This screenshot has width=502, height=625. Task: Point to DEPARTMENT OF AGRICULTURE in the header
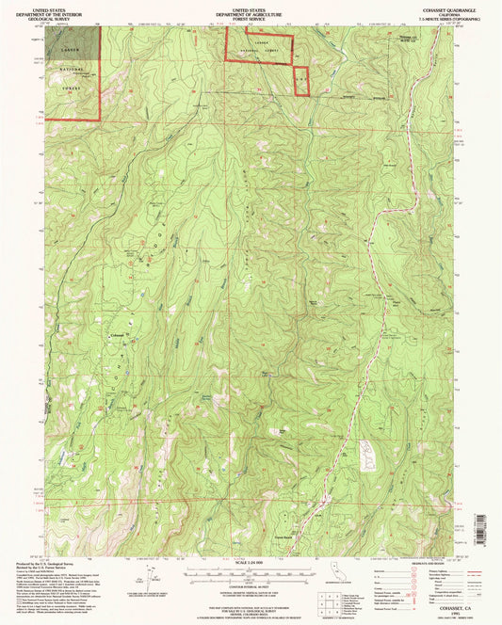click(251, 12)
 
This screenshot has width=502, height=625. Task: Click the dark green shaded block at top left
click(86, 42)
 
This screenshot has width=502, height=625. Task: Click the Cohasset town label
click(117, 337)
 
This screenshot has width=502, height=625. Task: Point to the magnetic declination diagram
click(159, 576)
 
